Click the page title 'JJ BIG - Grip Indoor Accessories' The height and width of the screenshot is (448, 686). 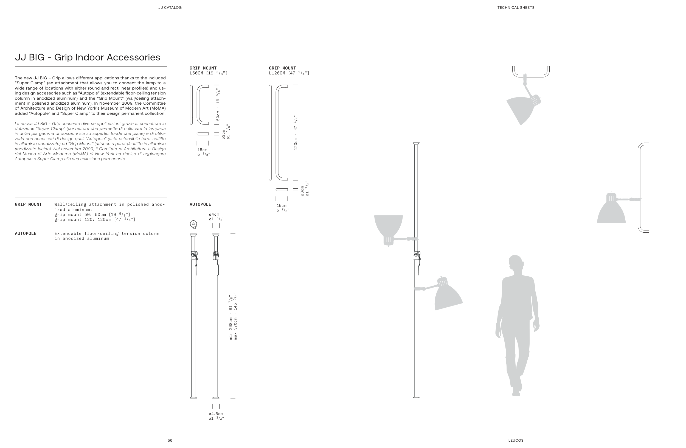(87, 57)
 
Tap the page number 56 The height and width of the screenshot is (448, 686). (170, 440)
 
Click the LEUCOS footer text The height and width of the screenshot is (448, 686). (516, 440)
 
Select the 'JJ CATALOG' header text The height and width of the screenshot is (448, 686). (170, 7)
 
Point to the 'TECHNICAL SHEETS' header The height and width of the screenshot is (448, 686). (516, 7)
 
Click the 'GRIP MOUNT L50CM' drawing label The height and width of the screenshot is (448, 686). (208, 70)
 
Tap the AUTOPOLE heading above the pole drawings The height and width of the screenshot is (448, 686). (200, 204)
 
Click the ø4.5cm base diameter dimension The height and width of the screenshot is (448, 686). (216, 416)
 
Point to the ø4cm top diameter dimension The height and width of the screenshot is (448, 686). (216, 217)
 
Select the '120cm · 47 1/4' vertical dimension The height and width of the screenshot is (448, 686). (296, 133)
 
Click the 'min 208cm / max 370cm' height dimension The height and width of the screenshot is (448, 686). (233, 316)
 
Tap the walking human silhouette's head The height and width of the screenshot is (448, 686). (515, 262)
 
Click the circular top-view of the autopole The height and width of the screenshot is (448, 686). (193, 224)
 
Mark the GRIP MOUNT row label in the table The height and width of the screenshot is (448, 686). (28, 204)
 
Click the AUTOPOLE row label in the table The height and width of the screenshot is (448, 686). (25, 233)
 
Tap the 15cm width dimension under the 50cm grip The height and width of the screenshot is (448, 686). (203, 152)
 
